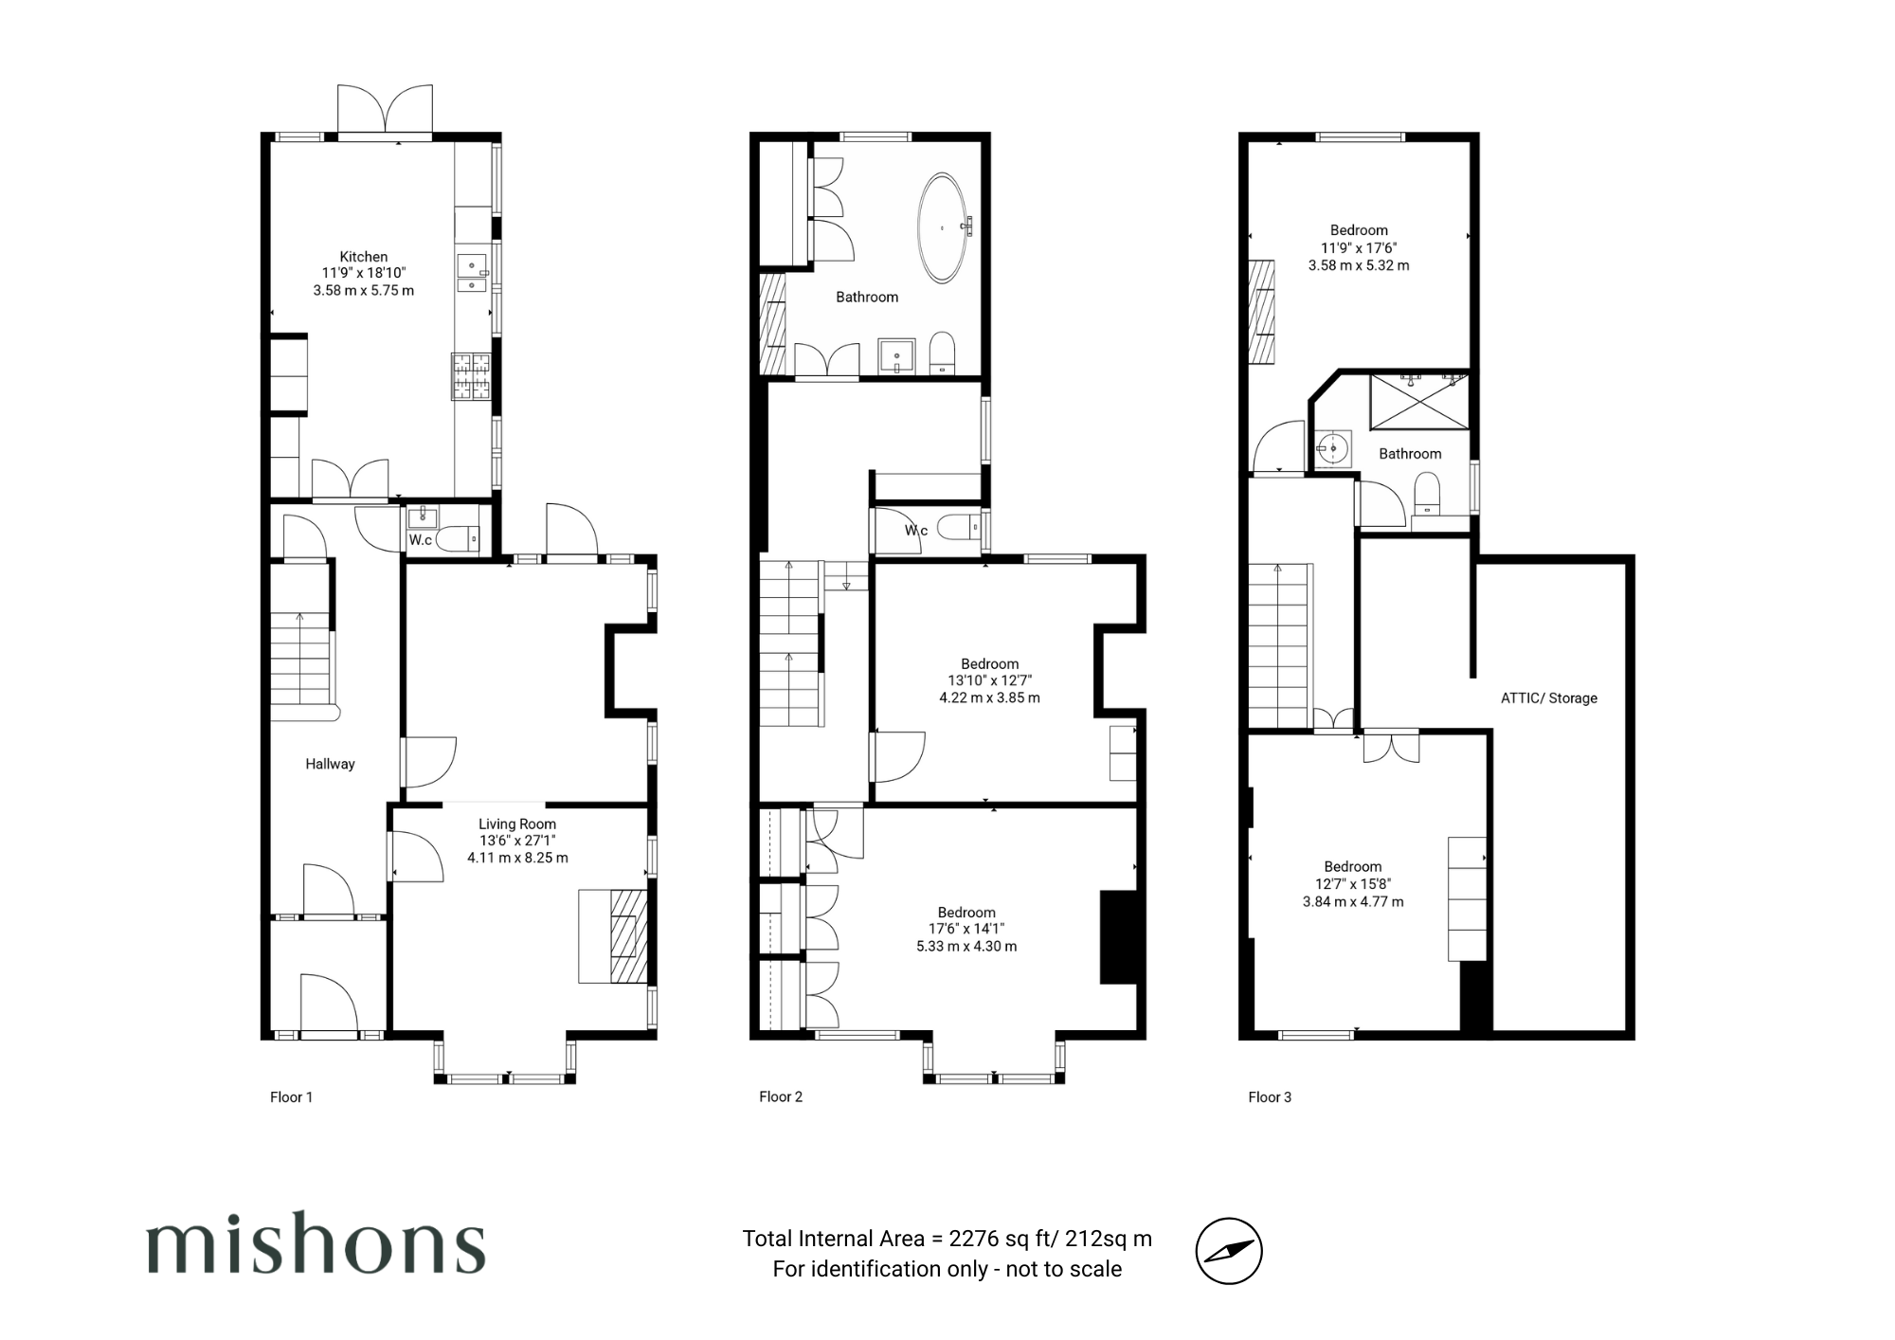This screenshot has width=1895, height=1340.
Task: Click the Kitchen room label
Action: [x=364, y=257]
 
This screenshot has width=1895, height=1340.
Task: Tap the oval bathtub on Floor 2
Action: [x=942, y=227]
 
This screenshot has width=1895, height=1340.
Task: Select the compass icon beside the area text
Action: [x=1229, y=1251]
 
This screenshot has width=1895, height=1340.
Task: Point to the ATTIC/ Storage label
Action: [x=1549, y=698]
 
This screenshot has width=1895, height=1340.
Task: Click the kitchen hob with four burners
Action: [x=471, y=376]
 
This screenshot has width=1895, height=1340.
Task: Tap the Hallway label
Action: [x=330, y=764]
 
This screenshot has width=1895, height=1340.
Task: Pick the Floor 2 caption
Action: [x=781, y=1096]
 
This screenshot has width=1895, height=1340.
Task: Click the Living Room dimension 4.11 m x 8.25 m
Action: [x=517, y=858]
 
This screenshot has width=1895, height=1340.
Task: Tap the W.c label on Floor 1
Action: [x=421, y=540]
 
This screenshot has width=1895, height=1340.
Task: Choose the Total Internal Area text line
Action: [x=947, y=1239]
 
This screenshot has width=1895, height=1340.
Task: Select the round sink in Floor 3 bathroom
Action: [x=1334, y=446]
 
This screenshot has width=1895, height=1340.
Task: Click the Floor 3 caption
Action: [x=1270, y=1096]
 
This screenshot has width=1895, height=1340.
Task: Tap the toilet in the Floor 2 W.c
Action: [x=958, y=527]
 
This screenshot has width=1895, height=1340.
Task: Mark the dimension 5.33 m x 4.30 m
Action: [x=966, y=946]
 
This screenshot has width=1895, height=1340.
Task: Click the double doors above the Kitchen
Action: [x=386, y=110]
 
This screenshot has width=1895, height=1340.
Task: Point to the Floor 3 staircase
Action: [x=1279, y=646]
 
